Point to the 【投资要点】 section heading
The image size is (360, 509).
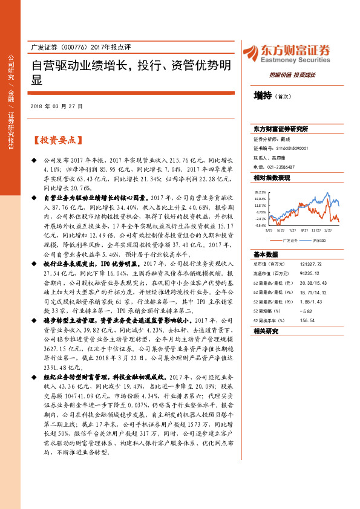(x=55, y=140)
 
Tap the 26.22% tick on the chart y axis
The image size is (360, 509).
(x=260, y=190)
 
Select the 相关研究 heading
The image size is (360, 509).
(x=266, y=331)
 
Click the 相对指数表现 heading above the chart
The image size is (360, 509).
(x=272, y=178)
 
